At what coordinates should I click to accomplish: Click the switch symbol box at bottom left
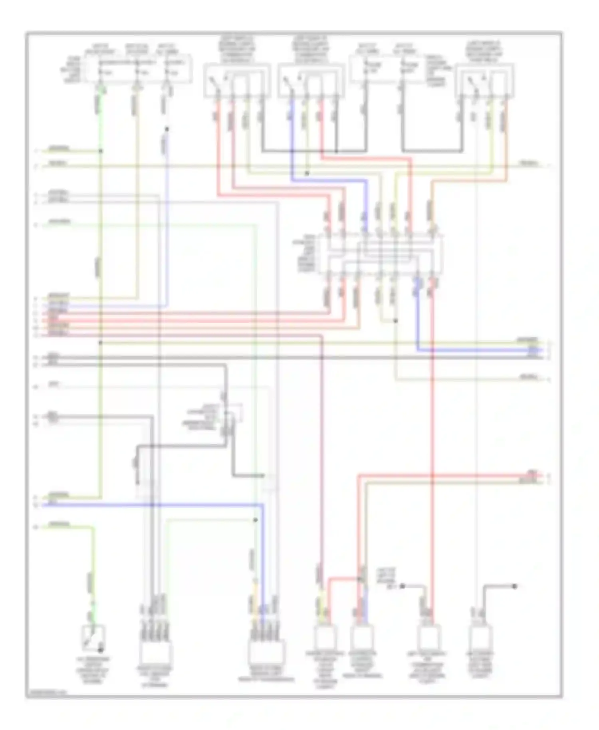[x=93, y=637]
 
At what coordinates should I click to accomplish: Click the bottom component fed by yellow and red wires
[x=325, y=638]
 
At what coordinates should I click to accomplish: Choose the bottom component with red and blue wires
[x=362, y=638]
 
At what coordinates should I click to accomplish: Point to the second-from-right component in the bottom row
[x=428, y=638]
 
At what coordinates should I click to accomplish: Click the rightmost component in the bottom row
[x=480, y=638]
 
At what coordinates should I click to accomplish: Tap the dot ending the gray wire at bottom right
[x=515, y=586]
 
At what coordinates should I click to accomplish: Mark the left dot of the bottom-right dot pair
[x=403, y=586]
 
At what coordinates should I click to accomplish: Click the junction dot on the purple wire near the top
[x=167, y=129]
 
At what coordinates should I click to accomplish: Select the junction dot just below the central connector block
[x=396, y=321]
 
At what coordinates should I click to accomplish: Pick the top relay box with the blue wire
[x=311, y=80]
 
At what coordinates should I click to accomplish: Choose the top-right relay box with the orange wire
[x=486, y=80]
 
